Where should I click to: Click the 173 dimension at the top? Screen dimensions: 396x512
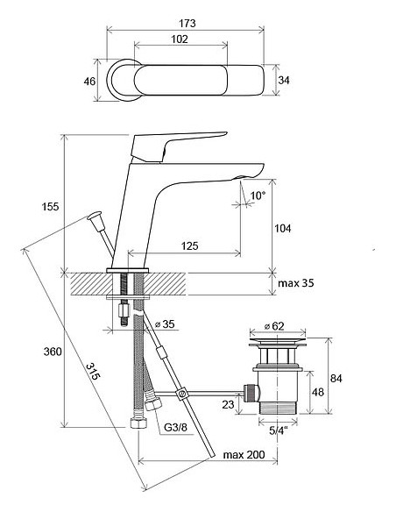pos(187,24)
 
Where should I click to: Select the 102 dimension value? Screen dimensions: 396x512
pos(180,39)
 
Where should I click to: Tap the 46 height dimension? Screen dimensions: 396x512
pos(89,81)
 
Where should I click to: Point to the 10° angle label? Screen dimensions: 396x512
pos(258,196)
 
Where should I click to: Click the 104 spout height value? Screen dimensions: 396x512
pos(282,228)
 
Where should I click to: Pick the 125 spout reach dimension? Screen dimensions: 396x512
pos(189,245)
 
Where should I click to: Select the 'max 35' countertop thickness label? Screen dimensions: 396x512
pos(296,283)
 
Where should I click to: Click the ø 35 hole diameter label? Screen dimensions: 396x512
pos(165,324)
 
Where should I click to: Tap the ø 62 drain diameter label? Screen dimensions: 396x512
pos(274,326)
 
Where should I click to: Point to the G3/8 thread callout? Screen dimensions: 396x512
pos(175,428)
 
